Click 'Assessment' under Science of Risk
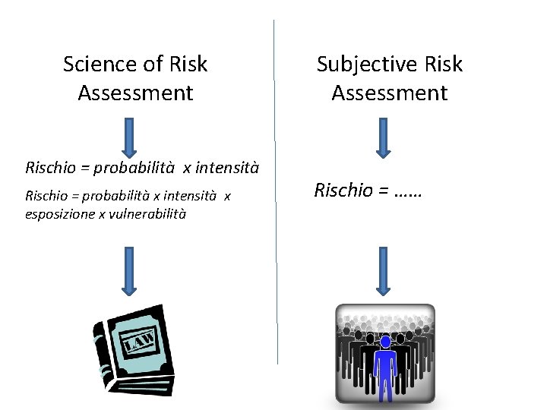coord(135,93)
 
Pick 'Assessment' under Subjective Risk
coord(389,93)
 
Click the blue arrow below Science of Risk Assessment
coord(128,137)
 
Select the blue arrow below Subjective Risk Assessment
coord(383,137)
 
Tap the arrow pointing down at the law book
coord(128,270)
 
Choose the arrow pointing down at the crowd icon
coord(383,270)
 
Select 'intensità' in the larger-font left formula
coord(227,167)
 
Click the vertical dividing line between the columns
coord(274,190)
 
